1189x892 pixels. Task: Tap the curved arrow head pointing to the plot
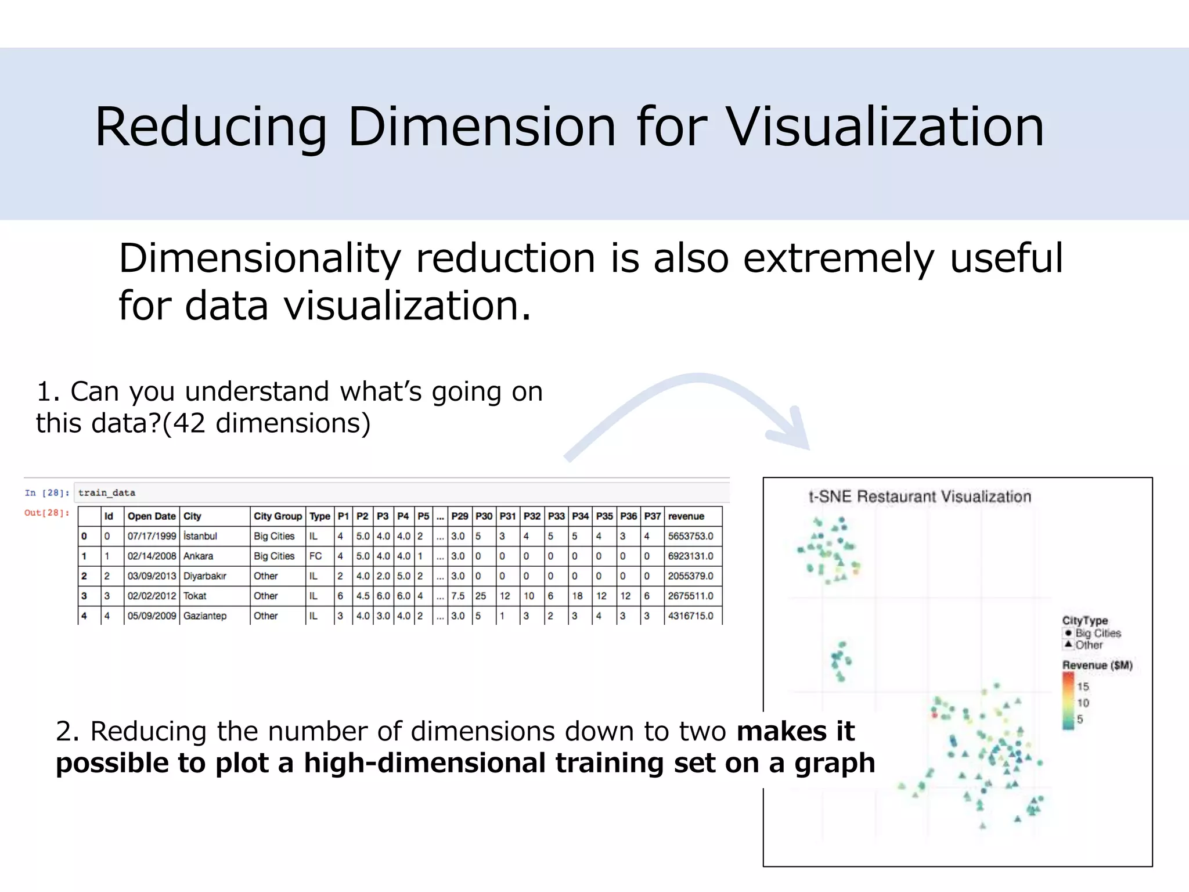(x=792, y=433)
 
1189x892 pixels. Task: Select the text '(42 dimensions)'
(x=266, y=423)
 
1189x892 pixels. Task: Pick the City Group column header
(x=278, y=516)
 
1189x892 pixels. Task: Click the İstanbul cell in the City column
(x=200, y=536)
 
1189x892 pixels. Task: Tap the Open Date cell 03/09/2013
(x=152, y=576)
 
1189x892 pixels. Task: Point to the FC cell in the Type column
(x=315, y=556)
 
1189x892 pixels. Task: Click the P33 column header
(x=556, y=516)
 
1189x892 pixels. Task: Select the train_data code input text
(x=107, y=492)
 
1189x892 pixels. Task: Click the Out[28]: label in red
(x=46, y=513)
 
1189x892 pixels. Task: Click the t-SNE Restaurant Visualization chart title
(x=920, y=497)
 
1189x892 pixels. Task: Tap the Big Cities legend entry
(x=1097, y=633)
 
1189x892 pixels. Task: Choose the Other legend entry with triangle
(x=1088, y=645)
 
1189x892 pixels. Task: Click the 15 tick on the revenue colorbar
(x=1083, y=686)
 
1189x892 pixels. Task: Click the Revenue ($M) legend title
(x=1097, y=665)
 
